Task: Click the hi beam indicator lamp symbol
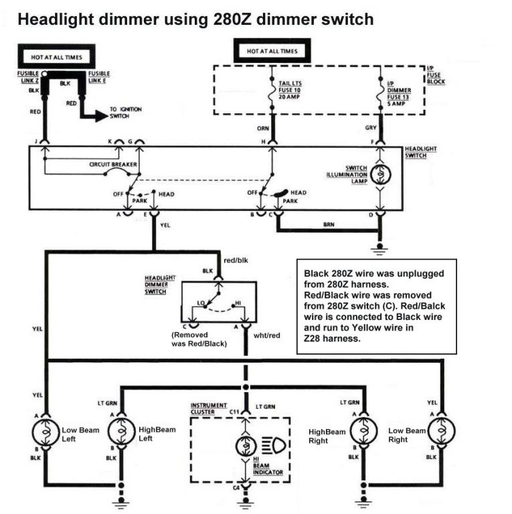tap(246, 446)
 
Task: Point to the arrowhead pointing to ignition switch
tap(101, 116)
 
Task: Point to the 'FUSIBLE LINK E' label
tap(99, 77)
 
